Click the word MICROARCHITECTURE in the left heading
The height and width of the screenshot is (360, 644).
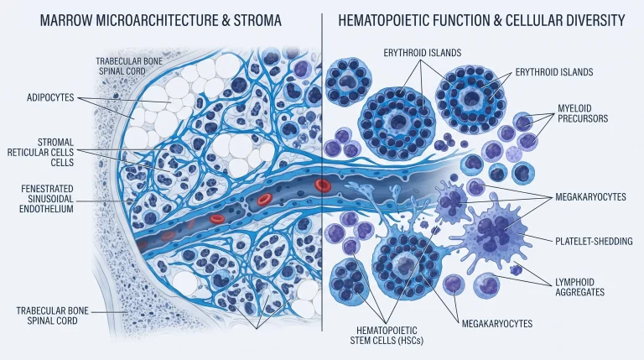158,20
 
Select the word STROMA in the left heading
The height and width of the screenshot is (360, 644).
257,20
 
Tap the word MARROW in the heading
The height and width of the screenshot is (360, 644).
65,20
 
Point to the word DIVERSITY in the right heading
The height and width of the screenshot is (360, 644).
593,20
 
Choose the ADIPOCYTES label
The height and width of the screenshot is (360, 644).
50,98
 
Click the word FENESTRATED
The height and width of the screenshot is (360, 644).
47,189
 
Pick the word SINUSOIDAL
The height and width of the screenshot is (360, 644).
46,199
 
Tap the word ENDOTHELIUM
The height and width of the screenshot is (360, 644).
46,209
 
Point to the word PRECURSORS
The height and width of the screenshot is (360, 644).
583,119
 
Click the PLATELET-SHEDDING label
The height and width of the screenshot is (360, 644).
594,241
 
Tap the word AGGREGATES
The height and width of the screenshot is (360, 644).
580,292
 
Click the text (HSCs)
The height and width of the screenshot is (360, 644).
410,340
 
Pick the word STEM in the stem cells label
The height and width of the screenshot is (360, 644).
361,340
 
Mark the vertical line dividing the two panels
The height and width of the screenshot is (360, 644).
322,172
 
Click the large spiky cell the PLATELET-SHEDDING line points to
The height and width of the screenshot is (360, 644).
494,233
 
